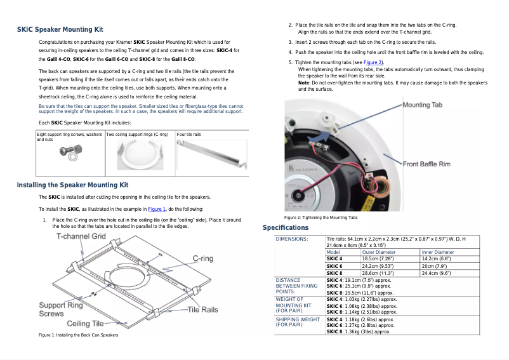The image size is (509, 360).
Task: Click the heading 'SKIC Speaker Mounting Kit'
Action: click(x=60, y=29)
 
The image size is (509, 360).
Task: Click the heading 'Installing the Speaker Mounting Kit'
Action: click(x=72, y=185)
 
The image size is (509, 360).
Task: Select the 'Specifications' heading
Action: click(x=286, y=227)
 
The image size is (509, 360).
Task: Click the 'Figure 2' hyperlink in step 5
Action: click(x=372, y=63)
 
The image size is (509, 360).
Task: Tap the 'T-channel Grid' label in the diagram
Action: click(x=81, y=236)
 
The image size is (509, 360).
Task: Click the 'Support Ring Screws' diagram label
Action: click(x=61, y=309)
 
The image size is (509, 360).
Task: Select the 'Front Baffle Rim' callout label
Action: click(x=426, y=164)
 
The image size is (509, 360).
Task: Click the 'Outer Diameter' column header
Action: click(x=378, y=252)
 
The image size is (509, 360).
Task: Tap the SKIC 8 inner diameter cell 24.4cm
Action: click(x=436, y=273)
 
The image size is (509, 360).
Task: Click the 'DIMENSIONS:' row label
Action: click(x=292, y=239)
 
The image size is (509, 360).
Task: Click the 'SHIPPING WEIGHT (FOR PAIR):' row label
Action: click(x=298, y=322)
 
